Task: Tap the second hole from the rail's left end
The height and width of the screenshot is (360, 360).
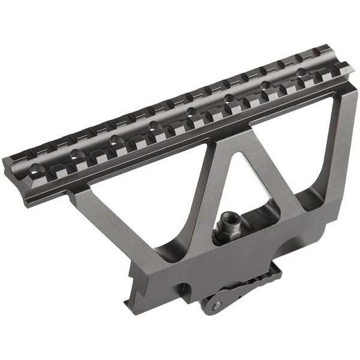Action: (76, 155)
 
